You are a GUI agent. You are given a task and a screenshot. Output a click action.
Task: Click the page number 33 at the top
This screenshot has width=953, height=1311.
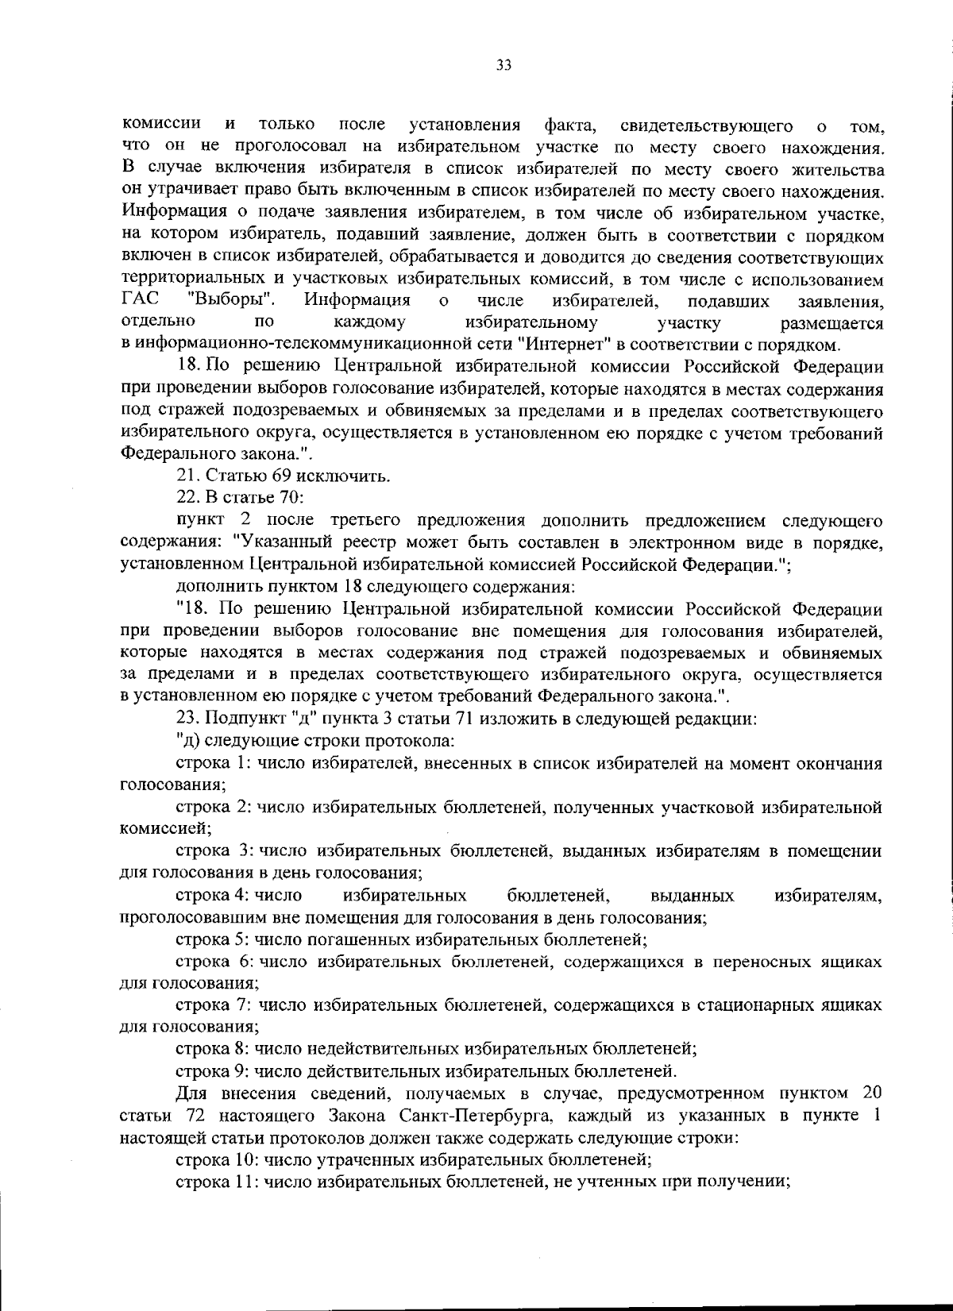tap(504, 66)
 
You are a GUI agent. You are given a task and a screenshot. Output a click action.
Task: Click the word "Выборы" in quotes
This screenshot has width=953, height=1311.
tap(233, 301)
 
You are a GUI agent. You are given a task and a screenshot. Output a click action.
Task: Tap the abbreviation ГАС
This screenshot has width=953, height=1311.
tap(141, 301)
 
